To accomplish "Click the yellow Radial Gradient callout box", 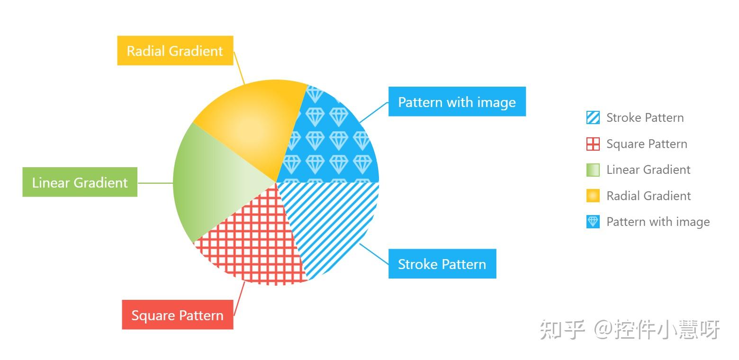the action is point(175,51).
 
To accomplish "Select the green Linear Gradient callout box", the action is point(80,182).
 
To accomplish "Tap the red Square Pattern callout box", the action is point(178,315).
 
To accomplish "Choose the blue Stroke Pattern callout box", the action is point(442,264).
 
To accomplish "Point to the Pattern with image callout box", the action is point(457,102).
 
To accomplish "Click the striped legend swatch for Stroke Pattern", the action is point(593,117).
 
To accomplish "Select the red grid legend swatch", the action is point(593,144).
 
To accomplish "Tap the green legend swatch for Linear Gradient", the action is point(593,170).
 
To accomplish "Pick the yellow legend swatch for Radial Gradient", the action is point(593,196).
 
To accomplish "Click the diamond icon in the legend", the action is point(593,222).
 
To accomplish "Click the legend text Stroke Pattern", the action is point(645,117).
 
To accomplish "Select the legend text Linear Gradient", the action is point(648,170).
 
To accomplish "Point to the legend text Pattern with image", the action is point(658,222).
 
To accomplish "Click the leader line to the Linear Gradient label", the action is point(155,183).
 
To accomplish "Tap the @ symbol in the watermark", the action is point(603,329).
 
